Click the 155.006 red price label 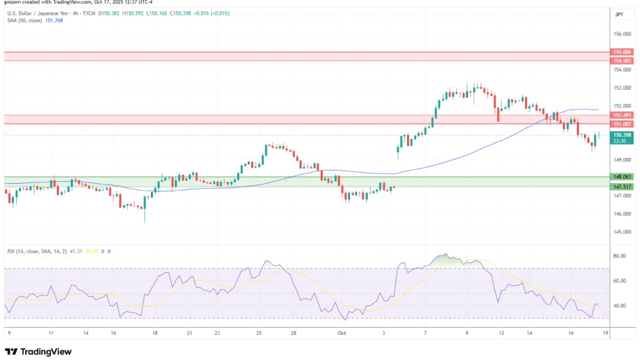pyautogui.click(x=623, y=52)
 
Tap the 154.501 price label pyautogui.click(x=623, y=60)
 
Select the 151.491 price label pyautogui.click(x=623, y=115)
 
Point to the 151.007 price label pyautogui.click(x=623, y=124)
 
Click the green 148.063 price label pyautogui.click(x=623, y=177)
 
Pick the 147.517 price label pyautogui.click(x=623, y=187)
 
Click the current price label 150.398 pyautogui.click(x=623, y=134)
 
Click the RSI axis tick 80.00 pyautogui.click(x=619, y=256)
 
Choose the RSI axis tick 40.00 pyautogui.click(x=619, y=306)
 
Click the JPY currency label pyautogui.click(x=619, y=14)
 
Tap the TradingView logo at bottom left pyautogui.click(x=39, y=351)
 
